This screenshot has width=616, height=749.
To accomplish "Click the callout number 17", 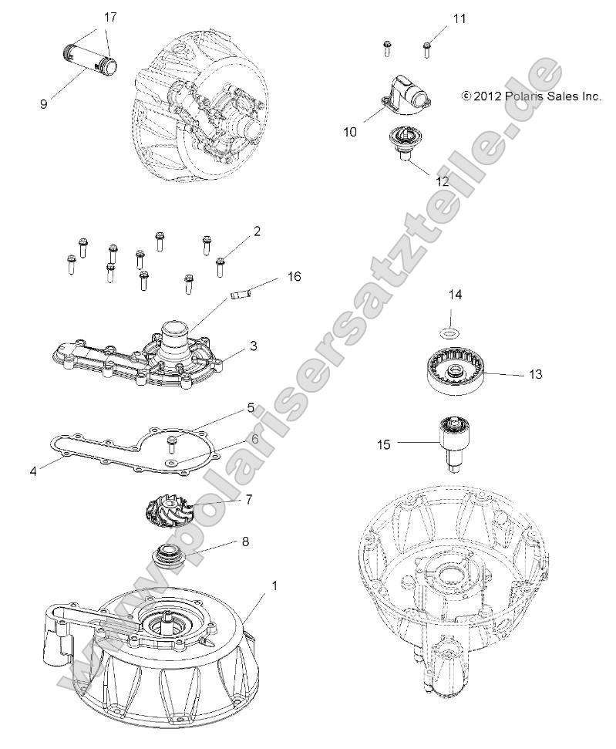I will (111, 16).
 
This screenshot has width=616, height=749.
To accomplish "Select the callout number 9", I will (44, 103).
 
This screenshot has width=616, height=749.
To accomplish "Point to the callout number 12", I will (443, 181).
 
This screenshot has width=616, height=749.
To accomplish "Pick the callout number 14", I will (456, 295).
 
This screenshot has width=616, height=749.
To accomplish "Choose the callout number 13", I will (536, 374).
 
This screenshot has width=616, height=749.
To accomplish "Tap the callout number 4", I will (33, 469).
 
